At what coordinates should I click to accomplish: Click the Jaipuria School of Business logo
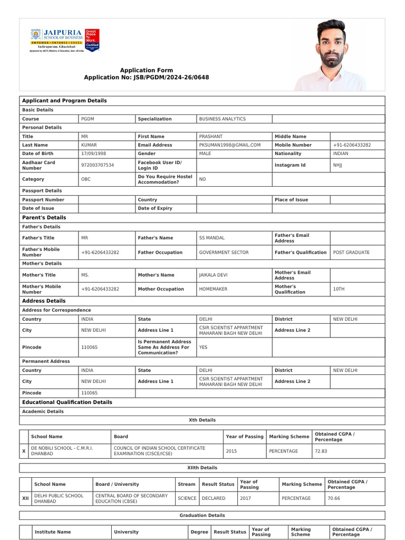click(65, 40)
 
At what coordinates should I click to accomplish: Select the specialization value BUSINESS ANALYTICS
click(222, 119)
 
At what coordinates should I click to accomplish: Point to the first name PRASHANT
click(211, 137)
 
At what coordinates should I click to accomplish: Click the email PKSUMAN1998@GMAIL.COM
click(230, 145)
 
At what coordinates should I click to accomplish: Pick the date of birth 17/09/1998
click(93, 153)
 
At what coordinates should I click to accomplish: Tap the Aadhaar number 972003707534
click(98, 165)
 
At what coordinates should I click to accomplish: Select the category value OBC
click(86, 179)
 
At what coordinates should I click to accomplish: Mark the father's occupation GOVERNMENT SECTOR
click(224, 253)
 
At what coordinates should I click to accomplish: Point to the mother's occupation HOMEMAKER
click(218, 289)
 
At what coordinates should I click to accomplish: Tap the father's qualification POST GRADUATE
click(351, 253)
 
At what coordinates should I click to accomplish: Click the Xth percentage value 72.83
click(321, 451)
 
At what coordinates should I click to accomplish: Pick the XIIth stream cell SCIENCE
click(187, 498)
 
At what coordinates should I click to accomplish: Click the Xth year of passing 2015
click(232, 451)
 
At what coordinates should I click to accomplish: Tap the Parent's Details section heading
click(44, 217)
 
